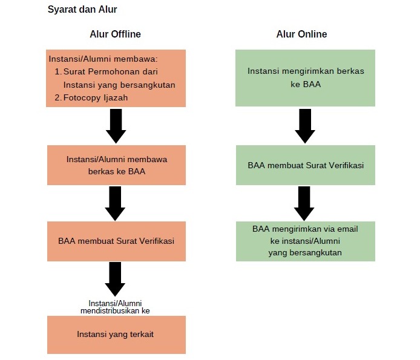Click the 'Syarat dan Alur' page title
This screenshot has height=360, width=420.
[82, 10]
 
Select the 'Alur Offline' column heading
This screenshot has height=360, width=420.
[115, 34]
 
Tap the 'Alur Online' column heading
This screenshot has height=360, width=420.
[301, 34]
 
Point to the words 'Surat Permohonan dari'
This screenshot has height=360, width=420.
[111, 71]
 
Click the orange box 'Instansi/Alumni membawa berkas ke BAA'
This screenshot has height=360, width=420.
[117, 165]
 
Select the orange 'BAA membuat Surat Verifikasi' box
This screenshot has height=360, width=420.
[117, 241]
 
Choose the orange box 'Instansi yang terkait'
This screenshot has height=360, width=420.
[117, 335]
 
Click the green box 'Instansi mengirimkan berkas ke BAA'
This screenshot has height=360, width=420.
[306, 77]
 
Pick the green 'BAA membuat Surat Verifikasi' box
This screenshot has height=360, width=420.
[306, 165]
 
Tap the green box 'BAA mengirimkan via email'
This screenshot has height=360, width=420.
[306, 241]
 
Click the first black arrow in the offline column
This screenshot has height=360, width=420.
[116, 126]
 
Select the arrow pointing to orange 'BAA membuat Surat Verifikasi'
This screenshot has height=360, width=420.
[115, 203]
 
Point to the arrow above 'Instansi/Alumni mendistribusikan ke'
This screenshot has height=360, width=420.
[115, 279]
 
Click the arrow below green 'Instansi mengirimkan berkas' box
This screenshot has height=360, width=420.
[305, 126]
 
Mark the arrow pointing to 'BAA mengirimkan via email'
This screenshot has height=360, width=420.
[304, 203]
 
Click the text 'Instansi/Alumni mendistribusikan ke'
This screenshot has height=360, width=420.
[115, 307]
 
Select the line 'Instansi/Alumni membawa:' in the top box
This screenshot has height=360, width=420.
[103, 59]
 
